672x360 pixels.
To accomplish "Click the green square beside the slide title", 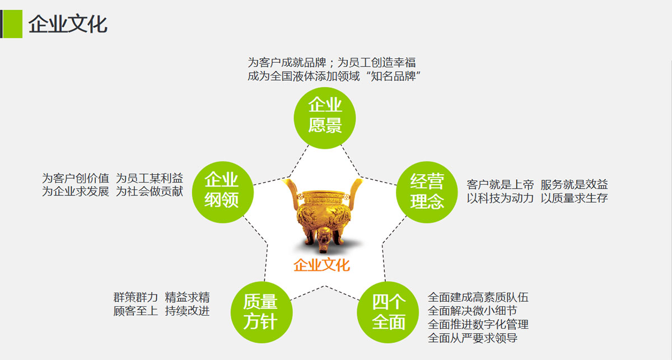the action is click(x=12, y=24).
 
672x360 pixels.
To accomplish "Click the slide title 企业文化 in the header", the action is click(x=68, y=24).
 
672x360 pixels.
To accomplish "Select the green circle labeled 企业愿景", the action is click(x=325, y=118).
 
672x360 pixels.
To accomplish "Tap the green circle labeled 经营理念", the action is click(x=427, y=192).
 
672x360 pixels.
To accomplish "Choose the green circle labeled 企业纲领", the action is click(x=223, y=192).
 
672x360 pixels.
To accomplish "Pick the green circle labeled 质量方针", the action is click(x=262, y=312).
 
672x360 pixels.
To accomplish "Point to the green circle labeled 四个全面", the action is click(x=388, y=312).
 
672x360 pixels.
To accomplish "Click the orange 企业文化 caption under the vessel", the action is click(x=321, y=265).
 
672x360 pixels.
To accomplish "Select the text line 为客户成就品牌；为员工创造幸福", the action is click(x=332, y=63).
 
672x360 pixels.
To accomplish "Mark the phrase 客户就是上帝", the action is click(x=500, y=185).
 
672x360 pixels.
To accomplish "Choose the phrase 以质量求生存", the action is click(x=574, y=198).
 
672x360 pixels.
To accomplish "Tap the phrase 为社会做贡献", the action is click(x=150, y=191).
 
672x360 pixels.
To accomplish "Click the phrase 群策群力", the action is click(x=136, y=297).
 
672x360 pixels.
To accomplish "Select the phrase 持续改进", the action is click(x=187, y=311).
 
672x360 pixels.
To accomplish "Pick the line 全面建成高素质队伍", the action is click(x=478, y=297).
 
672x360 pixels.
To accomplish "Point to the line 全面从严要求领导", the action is click(x=473, y=338).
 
